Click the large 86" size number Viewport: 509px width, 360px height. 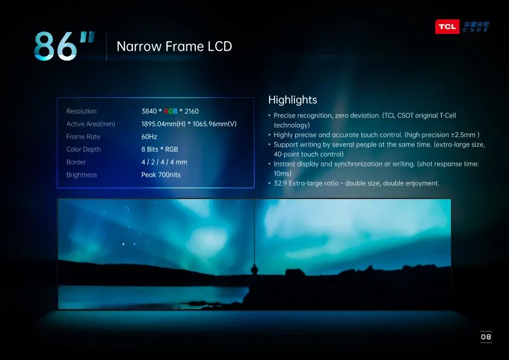(64, 46)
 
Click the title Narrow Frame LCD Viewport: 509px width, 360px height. (174, 47)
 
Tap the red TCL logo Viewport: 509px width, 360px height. (447, 27)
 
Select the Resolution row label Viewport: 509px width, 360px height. (82, 111)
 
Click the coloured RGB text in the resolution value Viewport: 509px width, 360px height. (170, 111)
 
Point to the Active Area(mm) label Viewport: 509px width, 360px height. (91, 124)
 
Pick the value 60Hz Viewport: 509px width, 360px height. (149, 137)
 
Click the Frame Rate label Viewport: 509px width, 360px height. (83, 137)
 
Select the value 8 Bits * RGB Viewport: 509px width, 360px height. (160, 149)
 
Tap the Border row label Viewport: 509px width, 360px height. (76, 162)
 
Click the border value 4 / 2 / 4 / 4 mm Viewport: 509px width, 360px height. (164, 162)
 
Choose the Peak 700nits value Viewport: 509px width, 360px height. (161, 175)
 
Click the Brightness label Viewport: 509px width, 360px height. (82, 175)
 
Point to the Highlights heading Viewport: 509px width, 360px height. (293, 100)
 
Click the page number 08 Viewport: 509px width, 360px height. (485, 337)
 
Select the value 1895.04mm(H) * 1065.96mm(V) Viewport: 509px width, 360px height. (189, 124)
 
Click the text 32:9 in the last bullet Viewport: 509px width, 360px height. (280, 183)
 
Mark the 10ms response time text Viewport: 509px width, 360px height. (282, 174)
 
